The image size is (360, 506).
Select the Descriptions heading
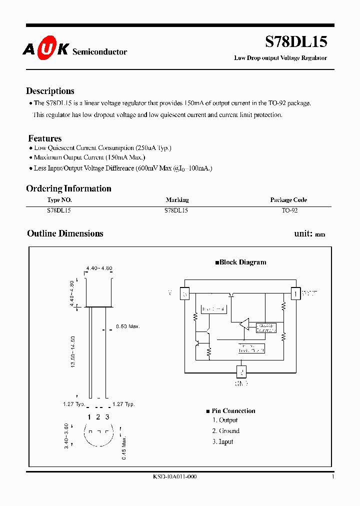[x=50, y=91]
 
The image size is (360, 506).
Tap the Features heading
[x=45, y=138]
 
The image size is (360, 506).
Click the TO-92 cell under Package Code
[x=289, y=211]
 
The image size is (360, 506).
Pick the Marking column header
[x=177, y=200]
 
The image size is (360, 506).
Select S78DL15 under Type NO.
[x=59, y=211]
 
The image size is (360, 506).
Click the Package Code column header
[x=288, y=200]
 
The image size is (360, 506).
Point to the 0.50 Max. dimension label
[x=127, y=326]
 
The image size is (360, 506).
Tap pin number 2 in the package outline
[x=98, y=417]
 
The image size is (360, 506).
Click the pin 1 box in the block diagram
[x=296, y=293]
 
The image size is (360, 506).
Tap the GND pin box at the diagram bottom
[x=241, y=372]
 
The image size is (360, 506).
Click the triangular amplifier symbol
[x=244, y=323]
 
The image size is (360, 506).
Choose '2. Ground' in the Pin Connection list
[x=225, y=431]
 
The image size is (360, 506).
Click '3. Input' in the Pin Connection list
[x=222, y=442]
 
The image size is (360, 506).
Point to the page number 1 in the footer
[x=332, y=477]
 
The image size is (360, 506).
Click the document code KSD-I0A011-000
[x=174, y=477]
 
